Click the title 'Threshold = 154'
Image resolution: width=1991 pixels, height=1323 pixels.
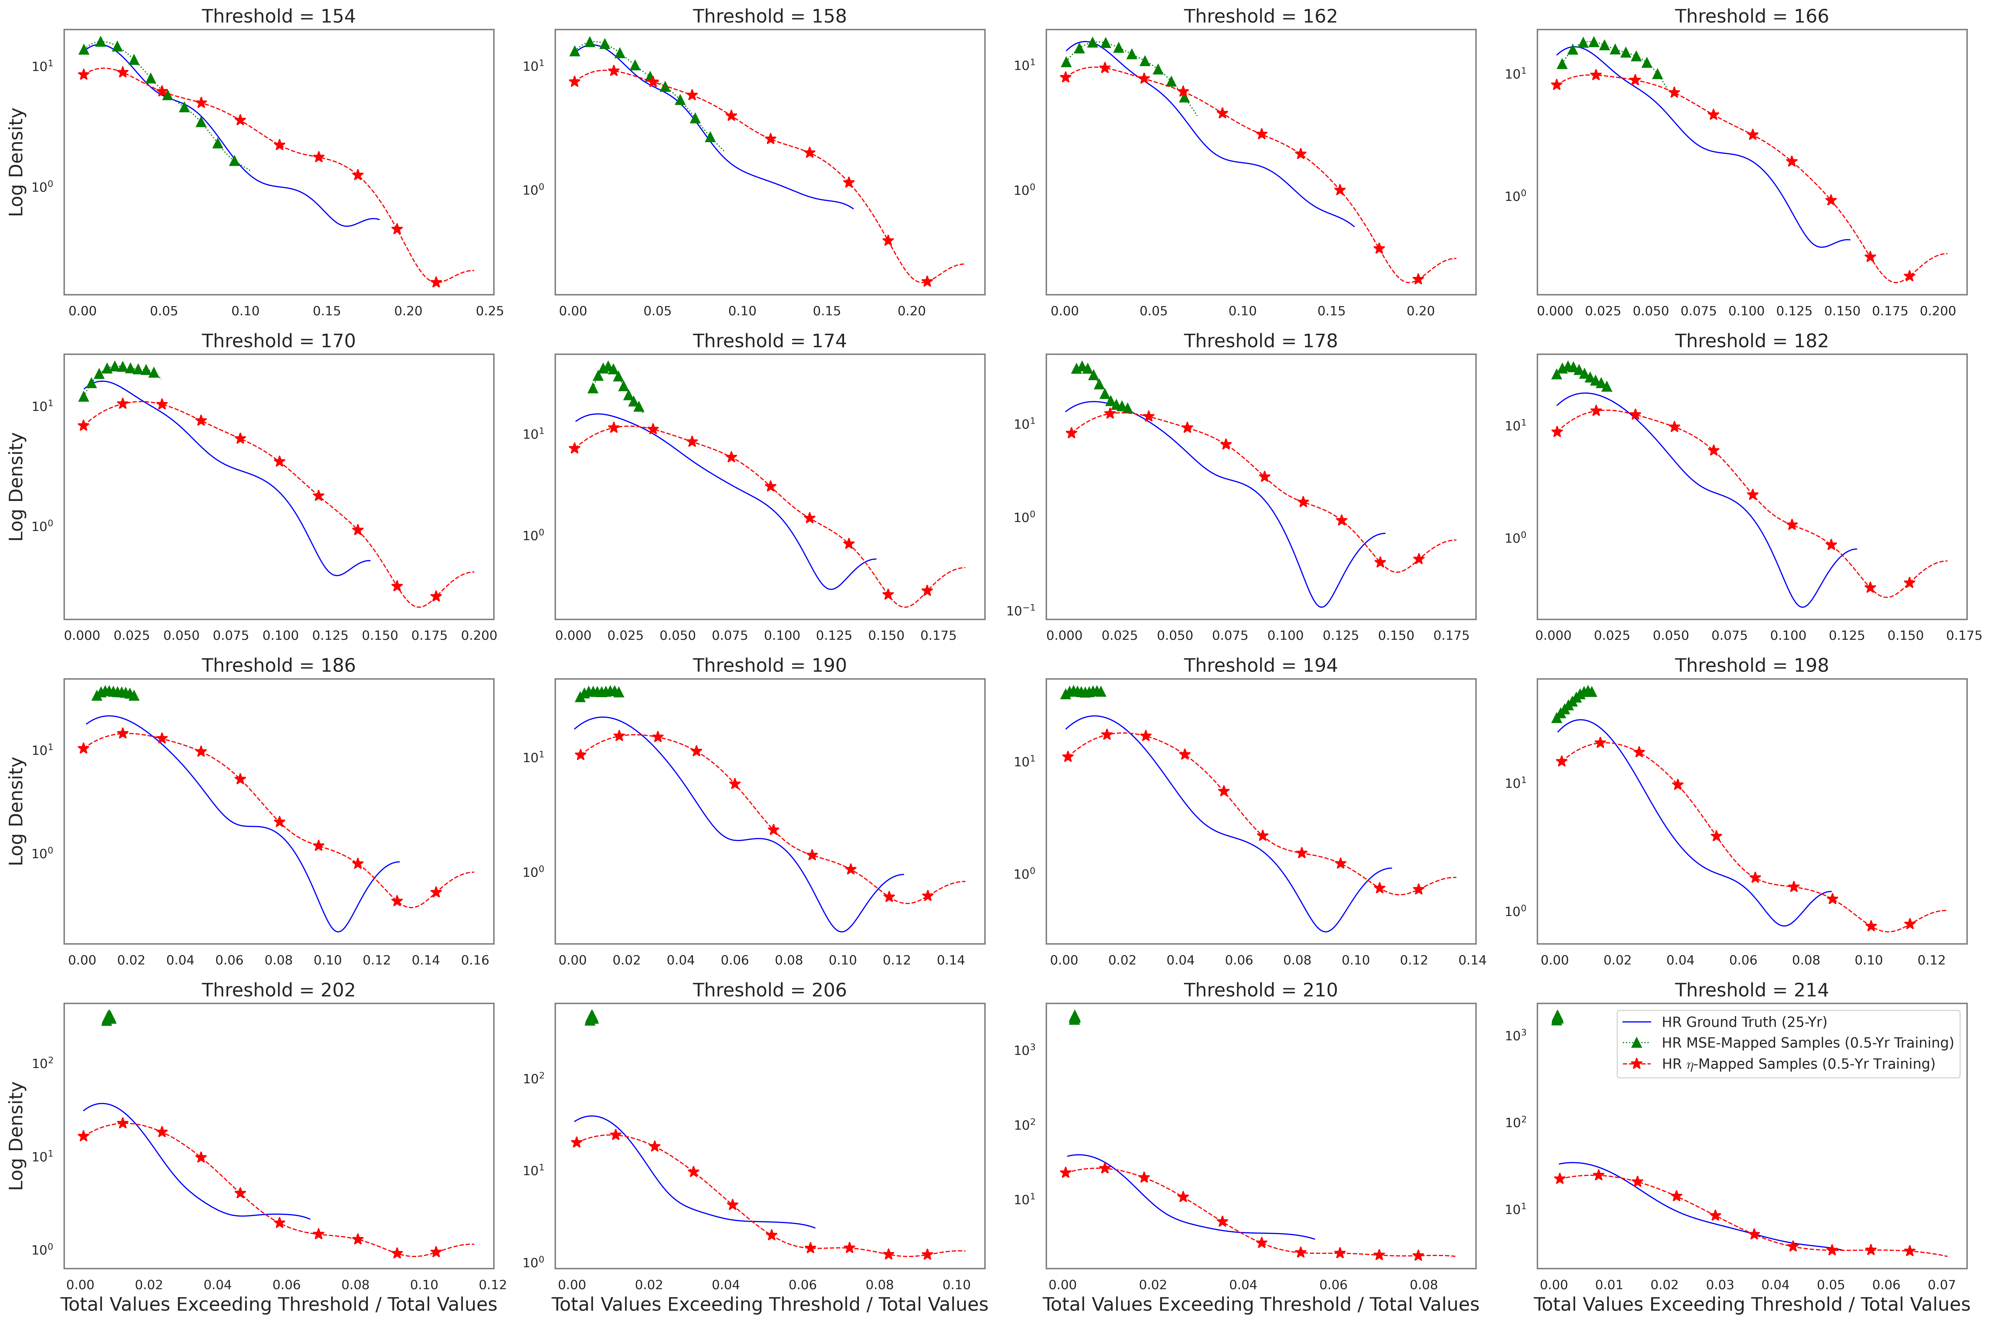tap(278, 16)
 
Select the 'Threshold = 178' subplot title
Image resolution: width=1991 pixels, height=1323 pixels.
tap(1260, 341)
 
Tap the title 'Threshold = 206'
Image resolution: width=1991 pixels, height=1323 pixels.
tap(769, 990)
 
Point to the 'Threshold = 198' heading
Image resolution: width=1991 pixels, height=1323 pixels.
tap(1751, 665)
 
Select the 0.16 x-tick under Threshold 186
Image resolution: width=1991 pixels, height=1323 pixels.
tap(475, 960)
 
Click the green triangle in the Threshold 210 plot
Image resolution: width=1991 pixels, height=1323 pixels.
tap(1074, 1018)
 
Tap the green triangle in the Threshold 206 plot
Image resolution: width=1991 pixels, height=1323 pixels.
tap(591, 1018)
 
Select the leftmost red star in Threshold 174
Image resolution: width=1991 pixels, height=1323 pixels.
tap(575, 448)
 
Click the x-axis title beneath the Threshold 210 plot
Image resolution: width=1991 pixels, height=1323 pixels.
tap(1260, 1304)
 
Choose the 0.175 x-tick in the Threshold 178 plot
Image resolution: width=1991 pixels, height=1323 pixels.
tap(1451, 635)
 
